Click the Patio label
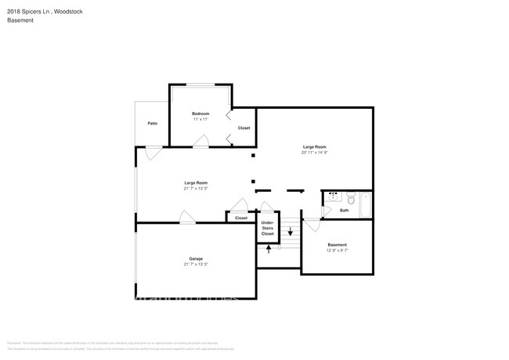point(152,124)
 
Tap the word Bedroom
point(200,114)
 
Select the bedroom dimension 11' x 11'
point(200,120)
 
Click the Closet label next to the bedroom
point(244,128)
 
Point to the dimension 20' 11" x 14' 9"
point(314,153)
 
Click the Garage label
point(196,259)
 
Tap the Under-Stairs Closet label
point(268,229)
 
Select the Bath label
point(345,210)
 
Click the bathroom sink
point(334,196)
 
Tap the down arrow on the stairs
point(291,232)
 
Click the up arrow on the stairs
point(269,250)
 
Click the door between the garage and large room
point(188,217)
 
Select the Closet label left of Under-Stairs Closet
point(241,218)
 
